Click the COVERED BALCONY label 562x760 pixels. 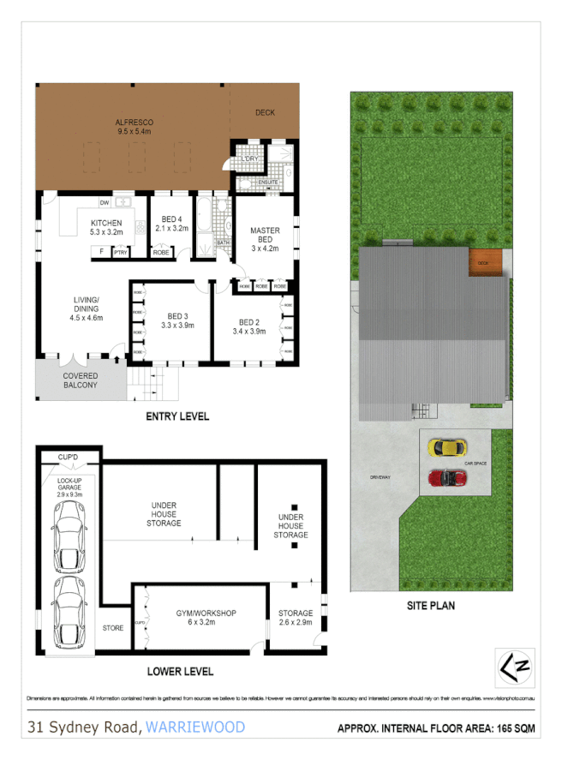point(80,380)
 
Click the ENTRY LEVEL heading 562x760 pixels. point(178,417)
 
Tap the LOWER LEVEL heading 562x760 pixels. point(180,671)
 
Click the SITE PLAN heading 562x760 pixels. point(430,606)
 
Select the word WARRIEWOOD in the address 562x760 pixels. point(195,727)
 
